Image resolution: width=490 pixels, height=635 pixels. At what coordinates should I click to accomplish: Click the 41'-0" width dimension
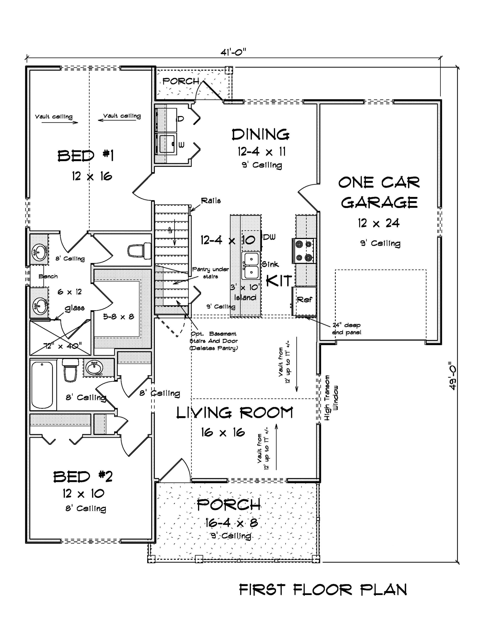click(x=233, y=52)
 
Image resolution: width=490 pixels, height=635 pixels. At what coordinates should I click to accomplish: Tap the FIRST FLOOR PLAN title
click(x=323, y=590)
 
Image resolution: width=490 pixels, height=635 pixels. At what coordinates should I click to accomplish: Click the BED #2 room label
click(x=83, y=477)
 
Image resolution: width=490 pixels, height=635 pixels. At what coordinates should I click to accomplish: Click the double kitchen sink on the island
click(x=251, y=265)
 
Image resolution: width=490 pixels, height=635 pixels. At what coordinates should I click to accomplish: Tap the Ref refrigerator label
click(x=304, y=299)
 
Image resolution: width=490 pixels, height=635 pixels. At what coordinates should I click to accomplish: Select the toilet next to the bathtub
click(x=71, y=370)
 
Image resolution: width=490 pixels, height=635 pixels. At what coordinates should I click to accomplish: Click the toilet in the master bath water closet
click(x=139, y=251)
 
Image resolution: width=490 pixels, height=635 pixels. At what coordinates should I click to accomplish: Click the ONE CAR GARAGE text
click(x=379, y=193)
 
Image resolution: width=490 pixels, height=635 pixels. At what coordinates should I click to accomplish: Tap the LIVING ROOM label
click(x=235, y=413)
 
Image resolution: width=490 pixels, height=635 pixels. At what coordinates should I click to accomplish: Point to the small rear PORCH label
click(x=181, y=81)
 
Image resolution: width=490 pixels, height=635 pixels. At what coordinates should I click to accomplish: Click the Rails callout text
click(x=211, y=201)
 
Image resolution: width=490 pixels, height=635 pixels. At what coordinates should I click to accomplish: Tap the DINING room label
click(x=260, y=135)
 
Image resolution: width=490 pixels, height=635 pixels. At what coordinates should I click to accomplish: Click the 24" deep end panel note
click(x=346, y=329)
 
